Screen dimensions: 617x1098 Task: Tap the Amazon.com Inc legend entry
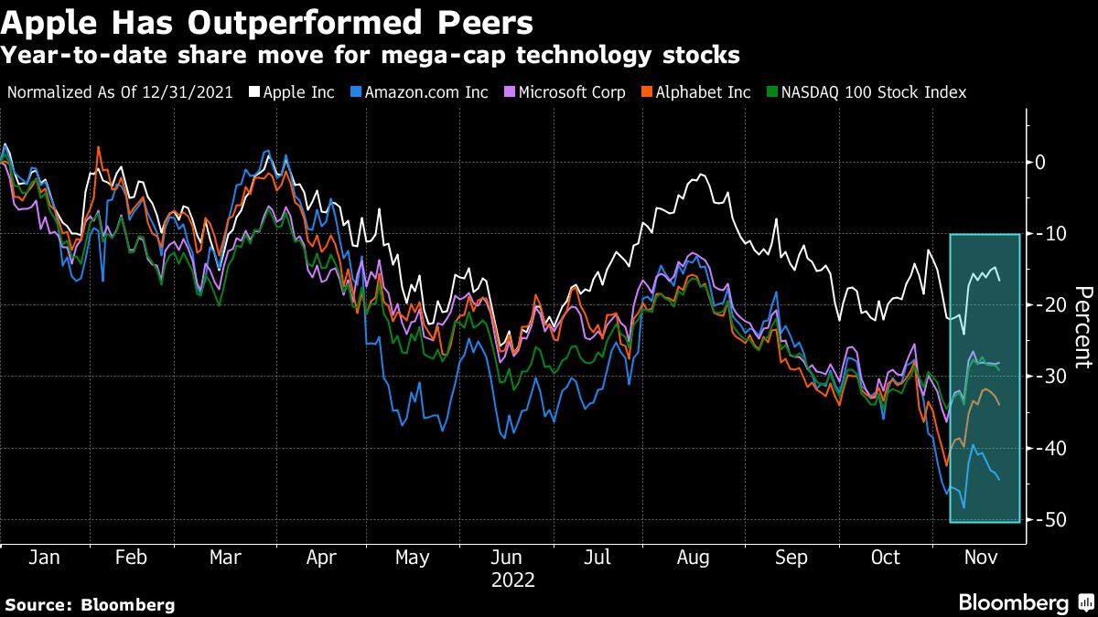[x=422, y=92]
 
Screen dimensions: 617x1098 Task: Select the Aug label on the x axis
[x=693, y=557]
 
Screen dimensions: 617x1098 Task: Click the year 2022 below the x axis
[x=512, y=580]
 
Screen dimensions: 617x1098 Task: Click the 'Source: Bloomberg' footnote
[x=90, y=604]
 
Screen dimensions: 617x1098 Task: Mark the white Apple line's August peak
[x=702, y=175]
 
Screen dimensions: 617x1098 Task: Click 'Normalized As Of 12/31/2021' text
[x=120, y=92]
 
